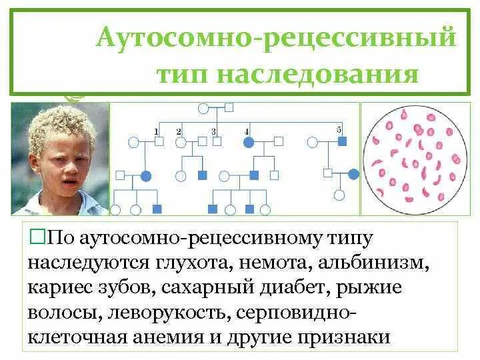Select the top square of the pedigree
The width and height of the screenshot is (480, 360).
[229, 106]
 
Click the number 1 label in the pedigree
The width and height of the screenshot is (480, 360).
[156, 131]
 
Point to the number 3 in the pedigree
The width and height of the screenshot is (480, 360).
[213, 131]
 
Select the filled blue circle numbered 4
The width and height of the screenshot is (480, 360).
[249, 142]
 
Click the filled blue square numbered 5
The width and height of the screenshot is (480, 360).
[342, 141]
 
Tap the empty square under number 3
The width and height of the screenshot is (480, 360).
[217, 141]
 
